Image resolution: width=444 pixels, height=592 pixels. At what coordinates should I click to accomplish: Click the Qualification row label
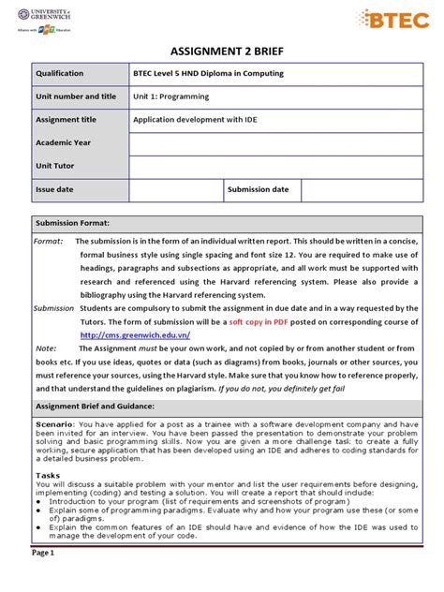tap(60, 73)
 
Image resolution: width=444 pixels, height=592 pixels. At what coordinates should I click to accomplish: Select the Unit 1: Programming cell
tap(173, 96)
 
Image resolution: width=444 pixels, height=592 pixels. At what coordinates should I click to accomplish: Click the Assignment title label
tap(67, 120)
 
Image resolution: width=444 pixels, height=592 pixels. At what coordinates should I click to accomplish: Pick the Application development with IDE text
tap(194, 120)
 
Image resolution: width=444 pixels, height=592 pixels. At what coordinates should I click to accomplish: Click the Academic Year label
tap(63, 143)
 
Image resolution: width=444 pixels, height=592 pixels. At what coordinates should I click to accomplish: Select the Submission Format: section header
tap(72, 224)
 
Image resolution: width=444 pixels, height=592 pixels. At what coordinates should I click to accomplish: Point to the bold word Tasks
tap(47, 474)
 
